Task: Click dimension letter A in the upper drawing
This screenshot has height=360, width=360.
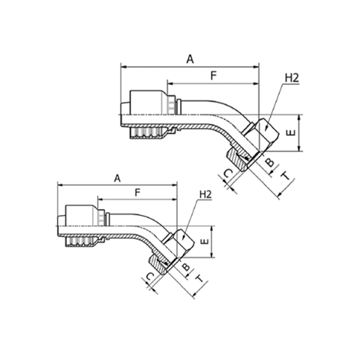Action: (x=190, y=59)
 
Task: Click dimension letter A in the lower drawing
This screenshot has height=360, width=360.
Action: (x=117, y=179)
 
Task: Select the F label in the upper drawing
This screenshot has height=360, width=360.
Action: (x=214, y=76)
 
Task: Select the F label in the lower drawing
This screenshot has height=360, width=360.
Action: (x=138, y=192)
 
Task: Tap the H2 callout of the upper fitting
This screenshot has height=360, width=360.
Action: (x=292, y=78)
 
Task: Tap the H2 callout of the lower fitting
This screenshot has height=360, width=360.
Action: (x=206, y=194)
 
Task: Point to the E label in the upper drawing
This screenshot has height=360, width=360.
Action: (x=291, y=132)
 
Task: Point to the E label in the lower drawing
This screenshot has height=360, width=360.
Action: (x=204, y=241)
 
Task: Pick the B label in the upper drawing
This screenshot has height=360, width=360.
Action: (x=270, y=163)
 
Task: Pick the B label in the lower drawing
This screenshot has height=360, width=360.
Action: (x=186, y=267)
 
